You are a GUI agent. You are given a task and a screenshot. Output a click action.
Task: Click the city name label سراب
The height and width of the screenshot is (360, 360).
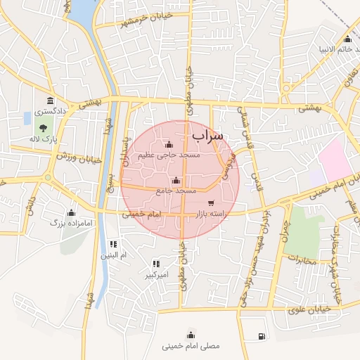click(207, 134)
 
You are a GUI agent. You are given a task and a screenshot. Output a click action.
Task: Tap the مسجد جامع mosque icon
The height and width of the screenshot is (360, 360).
click(176, 180)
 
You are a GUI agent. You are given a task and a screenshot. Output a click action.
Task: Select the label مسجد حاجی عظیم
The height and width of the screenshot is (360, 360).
click(170, 155)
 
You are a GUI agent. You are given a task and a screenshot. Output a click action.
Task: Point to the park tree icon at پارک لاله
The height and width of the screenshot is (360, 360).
click(44, 128)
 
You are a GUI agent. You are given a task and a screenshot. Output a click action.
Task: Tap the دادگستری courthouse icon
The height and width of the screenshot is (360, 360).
click(50, 101)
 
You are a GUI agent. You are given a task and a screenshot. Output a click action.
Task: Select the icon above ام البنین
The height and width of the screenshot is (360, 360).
click(112, 244)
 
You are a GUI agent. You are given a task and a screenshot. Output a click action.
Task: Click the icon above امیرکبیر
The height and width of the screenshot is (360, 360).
click(155, 264)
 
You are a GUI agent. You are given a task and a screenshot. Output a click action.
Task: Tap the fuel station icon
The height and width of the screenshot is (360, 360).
click(262, 336)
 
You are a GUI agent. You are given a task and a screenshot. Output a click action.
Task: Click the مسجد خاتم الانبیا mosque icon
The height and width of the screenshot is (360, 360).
click(347, 39)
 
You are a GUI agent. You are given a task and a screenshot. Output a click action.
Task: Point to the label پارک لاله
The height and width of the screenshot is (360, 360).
click(43, 139)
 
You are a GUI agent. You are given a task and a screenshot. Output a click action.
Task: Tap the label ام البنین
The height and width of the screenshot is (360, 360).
click(112, 255)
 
